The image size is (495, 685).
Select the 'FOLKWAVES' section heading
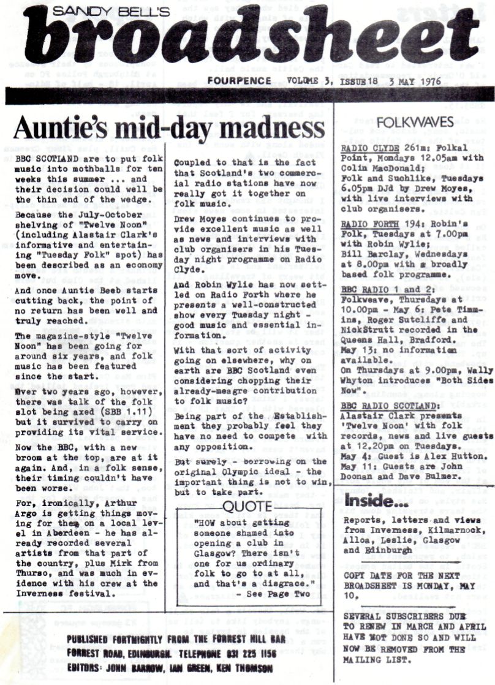(410, 122)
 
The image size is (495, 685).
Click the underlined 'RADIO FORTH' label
(366, 208)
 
